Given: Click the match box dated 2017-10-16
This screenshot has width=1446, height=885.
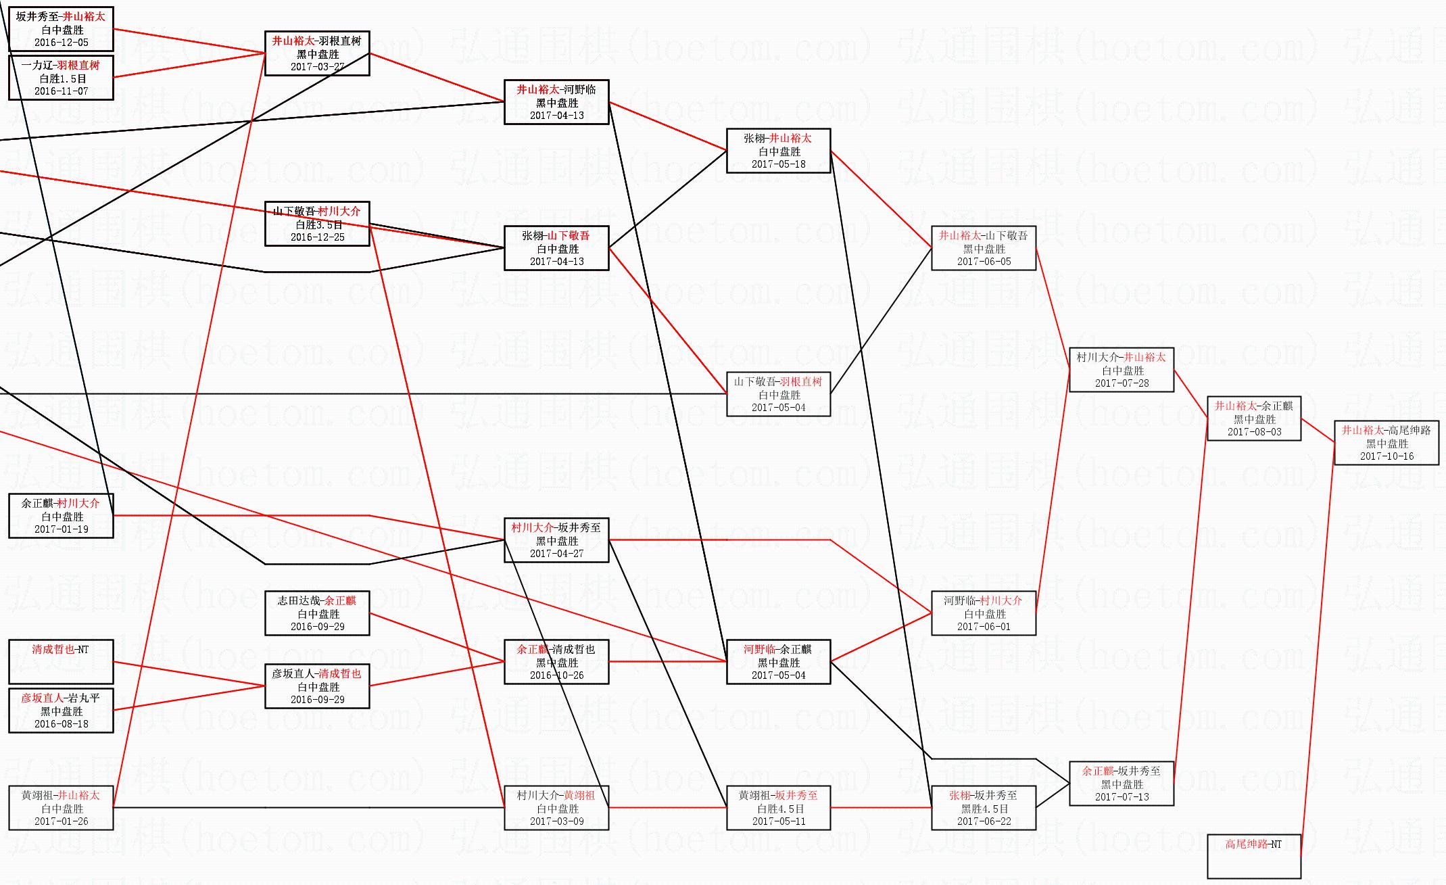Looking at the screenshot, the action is click(x=1387, y=443).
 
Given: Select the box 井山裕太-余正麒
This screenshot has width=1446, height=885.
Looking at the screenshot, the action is click(x=1254, y=418).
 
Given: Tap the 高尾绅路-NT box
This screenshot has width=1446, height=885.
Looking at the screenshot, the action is click(x=1254, y=856).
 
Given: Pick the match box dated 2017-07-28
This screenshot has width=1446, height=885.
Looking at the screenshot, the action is click(x=1122, y=370).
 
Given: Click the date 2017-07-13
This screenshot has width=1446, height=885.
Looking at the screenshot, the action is click(x=1122, y=797).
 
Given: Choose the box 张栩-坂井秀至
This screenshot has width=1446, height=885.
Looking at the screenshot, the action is click(x=984, y=808).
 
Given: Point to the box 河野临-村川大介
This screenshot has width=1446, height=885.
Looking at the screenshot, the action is click(x=984, y=613).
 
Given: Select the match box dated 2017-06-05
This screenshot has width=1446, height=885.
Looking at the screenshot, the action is click(x=984, y=248).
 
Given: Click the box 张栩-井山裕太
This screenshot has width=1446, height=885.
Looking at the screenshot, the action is click(x=778, y=151).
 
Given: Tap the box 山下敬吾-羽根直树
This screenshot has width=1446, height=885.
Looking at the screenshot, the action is click(x=778, y=394).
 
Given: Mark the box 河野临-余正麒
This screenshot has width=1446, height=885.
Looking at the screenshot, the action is click(x=778, y=662).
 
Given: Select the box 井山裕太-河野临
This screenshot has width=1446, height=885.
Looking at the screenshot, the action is click(x=556, y=102).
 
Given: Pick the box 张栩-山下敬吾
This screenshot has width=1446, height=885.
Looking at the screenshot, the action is click(x=556, y=248).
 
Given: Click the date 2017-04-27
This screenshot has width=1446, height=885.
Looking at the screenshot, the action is click(x=556, y=554).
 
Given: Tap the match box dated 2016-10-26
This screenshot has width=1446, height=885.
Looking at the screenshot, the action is click(x=556, y=662).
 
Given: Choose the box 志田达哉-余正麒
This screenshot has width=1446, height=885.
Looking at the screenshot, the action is click(x=317, y=613).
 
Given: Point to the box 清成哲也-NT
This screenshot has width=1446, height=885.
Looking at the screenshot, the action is click(x=61, y=661).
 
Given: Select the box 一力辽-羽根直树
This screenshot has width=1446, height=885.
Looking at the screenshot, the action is click(x=61, y=78).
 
